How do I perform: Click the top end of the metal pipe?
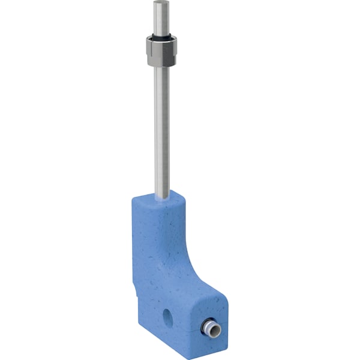pos(160,3)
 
